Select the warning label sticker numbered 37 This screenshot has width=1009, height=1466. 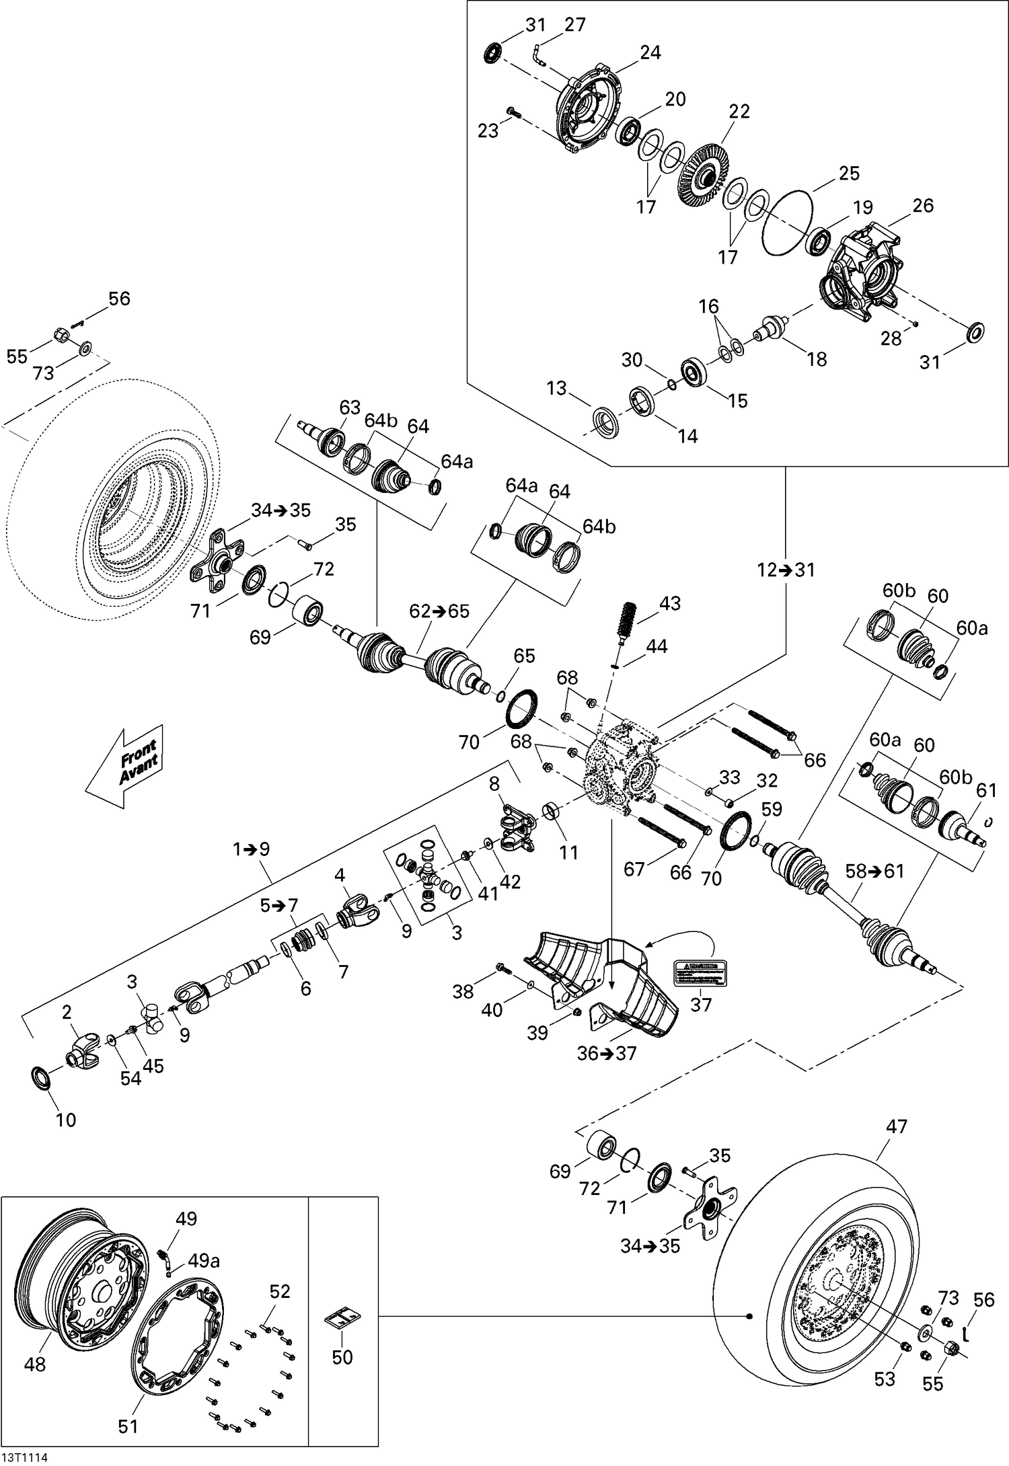pos(701,971)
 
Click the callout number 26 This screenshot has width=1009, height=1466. pos(923,205)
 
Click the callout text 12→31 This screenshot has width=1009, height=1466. pos(785,570)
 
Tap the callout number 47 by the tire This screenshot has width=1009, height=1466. pos(897,1126)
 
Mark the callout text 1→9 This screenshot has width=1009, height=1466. pos(251,849)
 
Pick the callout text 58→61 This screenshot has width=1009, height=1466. pos(874,871)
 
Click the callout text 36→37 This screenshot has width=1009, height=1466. pos(605,1053)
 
